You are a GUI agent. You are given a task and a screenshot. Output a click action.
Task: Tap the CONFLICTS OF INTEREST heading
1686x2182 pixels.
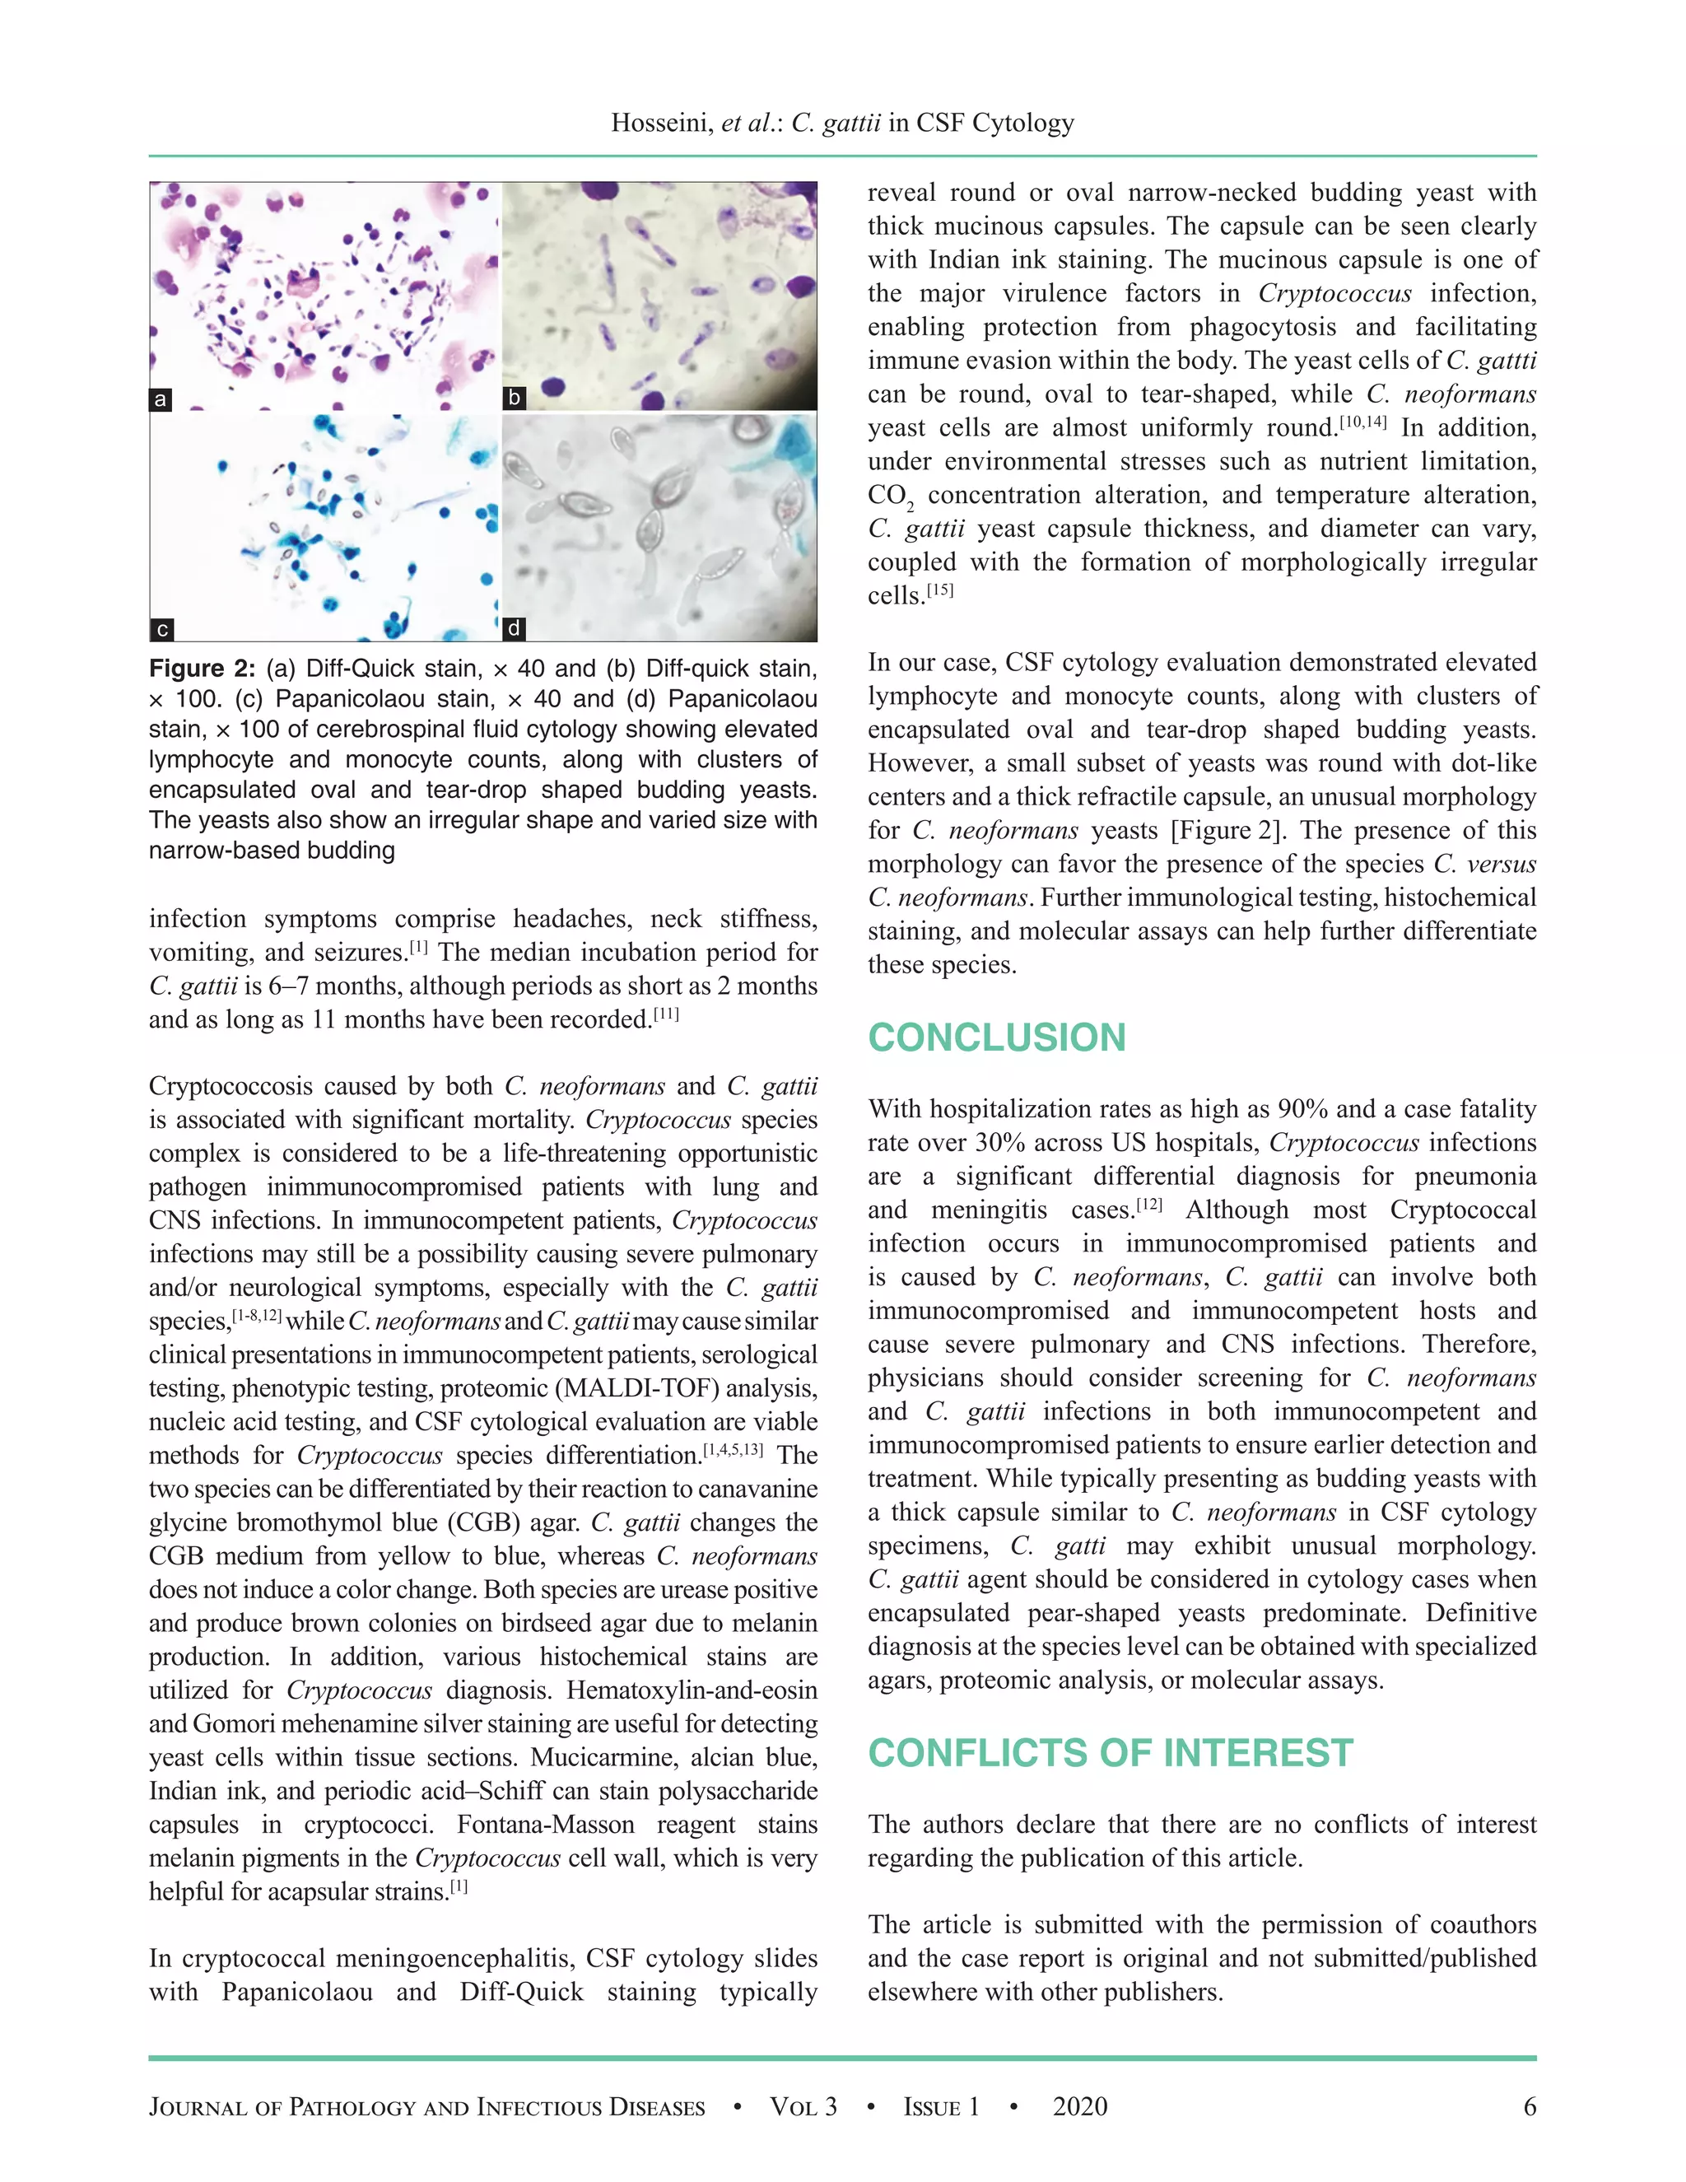[1110, 1752]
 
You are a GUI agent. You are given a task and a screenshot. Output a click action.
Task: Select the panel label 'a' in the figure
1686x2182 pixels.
[160, 399]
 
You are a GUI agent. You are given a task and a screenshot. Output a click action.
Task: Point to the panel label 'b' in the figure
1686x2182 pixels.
[515, 398]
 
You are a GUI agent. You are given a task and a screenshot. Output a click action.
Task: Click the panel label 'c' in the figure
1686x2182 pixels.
[162, 629]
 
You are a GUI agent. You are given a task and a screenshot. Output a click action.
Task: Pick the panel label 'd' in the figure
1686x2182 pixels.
[514, 628]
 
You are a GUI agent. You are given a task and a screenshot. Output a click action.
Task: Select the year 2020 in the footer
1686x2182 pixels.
[1080, 2107]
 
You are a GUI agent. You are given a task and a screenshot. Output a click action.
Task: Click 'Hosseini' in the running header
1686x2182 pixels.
[660, 123]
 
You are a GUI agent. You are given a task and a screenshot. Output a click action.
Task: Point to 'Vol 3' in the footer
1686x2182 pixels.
[803, 2107]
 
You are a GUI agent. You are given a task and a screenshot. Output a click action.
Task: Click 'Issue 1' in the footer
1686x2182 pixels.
[941, 2107]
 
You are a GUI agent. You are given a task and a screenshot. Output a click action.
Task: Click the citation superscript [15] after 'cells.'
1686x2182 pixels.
[941, 590]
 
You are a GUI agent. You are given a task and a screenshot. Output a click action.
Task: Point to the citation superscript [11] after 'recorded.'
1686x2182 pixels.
[666, 1015]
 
